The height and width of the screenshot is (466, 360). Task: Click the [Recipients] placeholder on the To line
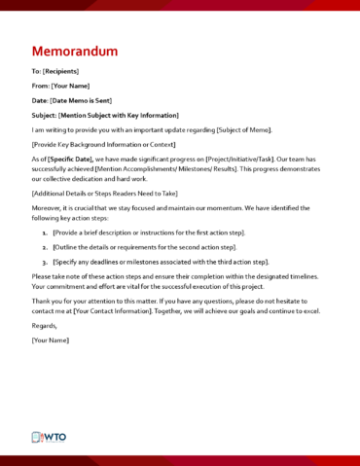pos(61,71)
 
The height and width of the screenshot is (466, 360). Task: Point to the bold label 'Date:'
pos(40,100)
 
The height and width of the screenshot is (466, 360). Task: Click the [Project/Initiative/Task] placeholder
pos(245,159)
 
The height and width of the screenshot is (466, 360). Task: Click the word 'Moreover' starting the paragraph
pos(50,208)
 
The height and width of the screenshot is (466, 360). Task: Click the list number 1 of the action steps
pos(45,233)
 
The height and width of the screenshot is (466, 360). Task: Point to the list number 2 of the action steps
pos(45,248)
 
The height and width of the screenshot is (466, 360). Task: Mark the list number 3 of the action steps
pos(45,263)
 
